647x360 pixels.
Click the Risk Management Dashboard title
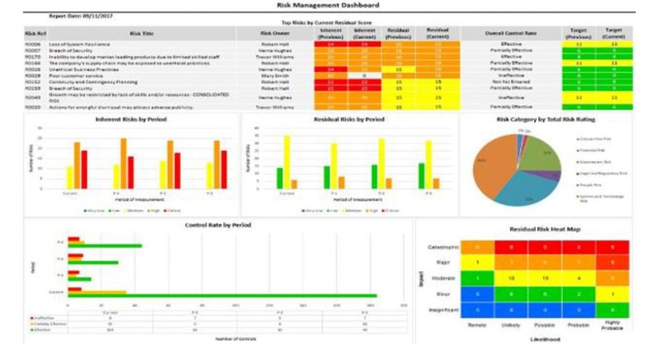pyautogui.click(x=328, y=6)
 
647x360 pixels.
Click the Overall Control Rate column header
pyautogui.click(x=511, y=33)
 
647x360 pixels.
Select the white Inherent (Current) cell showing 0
pyautogui.click(x=365, y=76)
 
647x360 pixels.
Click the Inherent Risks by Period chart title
pyautogui.click(x=131, y=119)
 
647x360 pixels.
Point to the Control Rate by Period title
pyautogui.click(x=218, y=225)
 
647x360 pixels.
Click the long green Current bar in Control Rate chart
pyautogui.click(x=222, y=296)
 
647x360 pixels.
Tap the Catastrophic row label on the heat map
pyautogui.click(x=443, y=247)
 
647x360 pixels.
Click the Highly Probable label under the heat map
pyautogui.click(x=612, y=325)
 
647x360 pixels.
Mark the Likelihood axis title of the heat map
pyautogui.click(x=545, y=339)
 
